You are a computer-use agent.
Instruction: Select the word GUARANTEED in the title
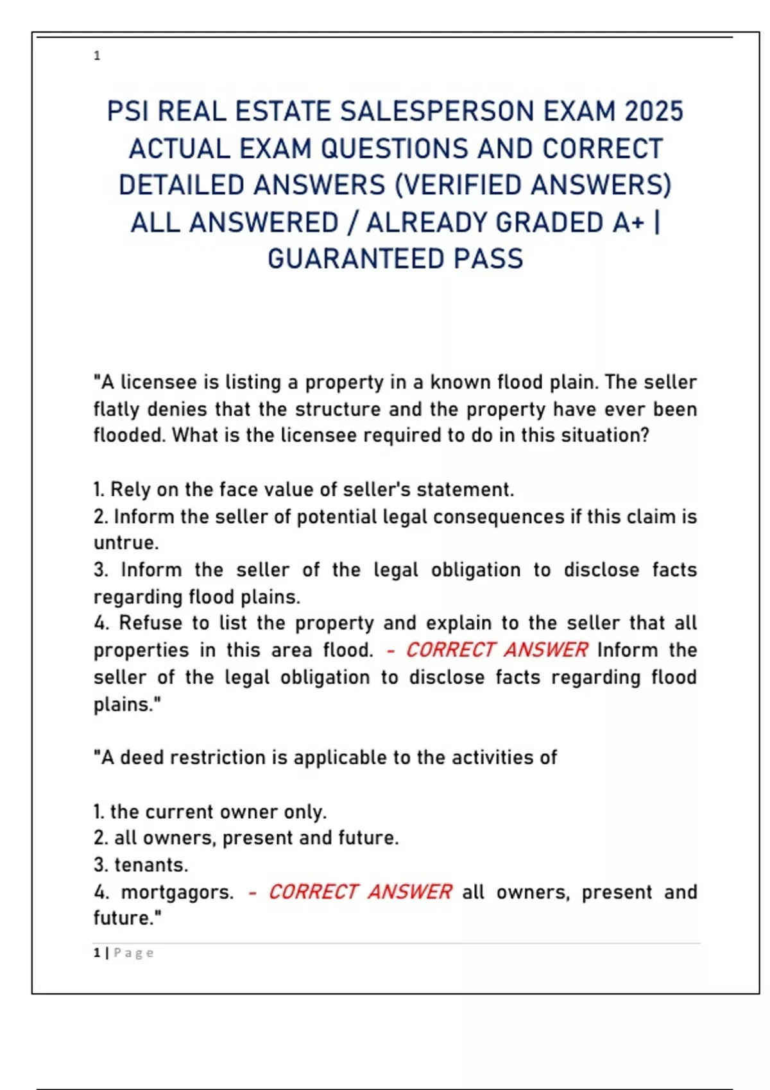coord(355,259)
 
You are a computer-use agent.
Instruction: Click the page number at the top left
coord(97,56)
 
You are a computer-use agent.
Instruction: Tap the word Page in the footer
coord(133,953)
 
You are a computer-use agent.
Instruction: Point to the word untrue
coord(126,543)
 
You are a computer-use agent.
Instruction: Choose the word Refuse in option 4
coord(150,623)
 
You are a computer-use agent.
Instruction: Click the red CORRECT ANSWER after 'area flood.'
coord(497,650)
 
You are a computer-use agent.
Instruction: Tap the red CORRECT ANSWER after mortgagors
coord(359,892)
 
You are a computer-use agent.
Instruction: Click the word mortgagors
coord(176,893)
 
